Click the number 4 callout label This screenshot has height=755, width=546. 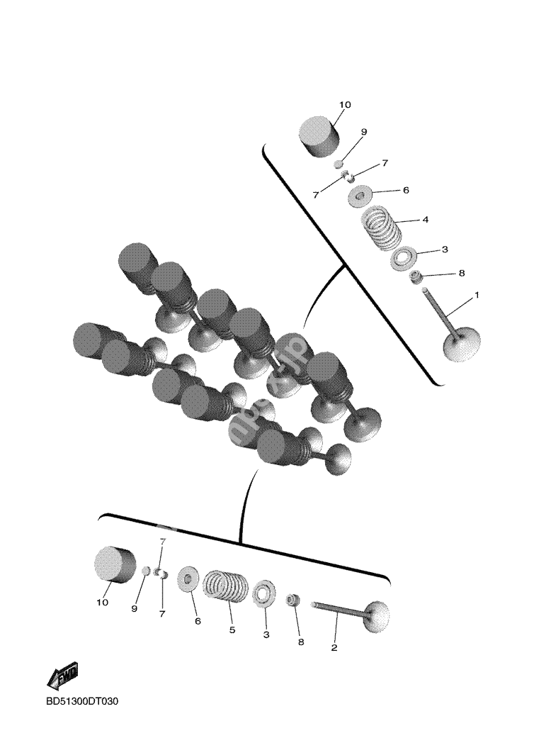tap(425, 220)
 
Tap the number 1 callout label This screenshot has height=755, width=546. tap(477, 294)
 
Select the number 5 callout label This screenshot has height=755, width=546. tap(232, 629)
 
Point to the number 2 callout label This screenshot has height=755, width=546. tap(334, 647)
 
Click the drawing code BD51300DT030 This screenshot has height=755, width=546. tap(82, 702)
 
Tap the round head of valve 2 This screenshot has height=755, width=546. tap(379, 616)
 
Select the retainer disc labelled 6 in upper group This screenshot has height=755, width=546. tap(361, 195)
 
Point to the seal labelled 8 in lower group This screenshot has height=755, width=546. tap(292, 601)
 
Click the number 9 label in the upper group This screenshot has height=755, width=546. tap(363, 132)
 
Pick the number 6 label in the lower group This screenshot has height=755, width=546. tap(198, 621)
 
